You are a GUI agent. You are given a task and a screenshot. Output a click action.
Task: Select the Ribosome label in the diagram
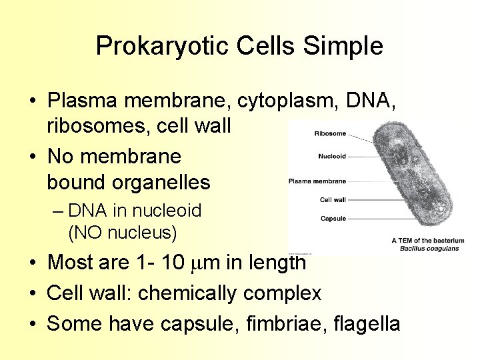click(330, 133)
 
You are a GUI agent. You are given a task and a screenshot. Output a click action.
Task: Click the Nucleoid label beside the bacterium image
click(331, 157)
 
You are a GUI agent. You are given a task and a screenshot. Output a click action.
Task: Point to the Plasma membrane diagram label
click(317, 181)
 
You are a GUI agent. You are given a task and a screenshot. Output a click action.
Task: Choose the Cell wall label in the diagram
click(333, 199)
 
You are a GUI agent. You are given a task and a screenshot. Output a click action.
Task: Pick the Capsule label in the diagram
click(333, 218)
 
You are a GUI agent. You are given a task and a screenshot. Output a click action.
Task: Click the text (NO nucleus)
click(122, 233)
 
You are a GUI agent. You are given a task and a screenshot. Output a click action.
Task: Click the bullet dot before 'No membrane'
click(32, 157)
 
